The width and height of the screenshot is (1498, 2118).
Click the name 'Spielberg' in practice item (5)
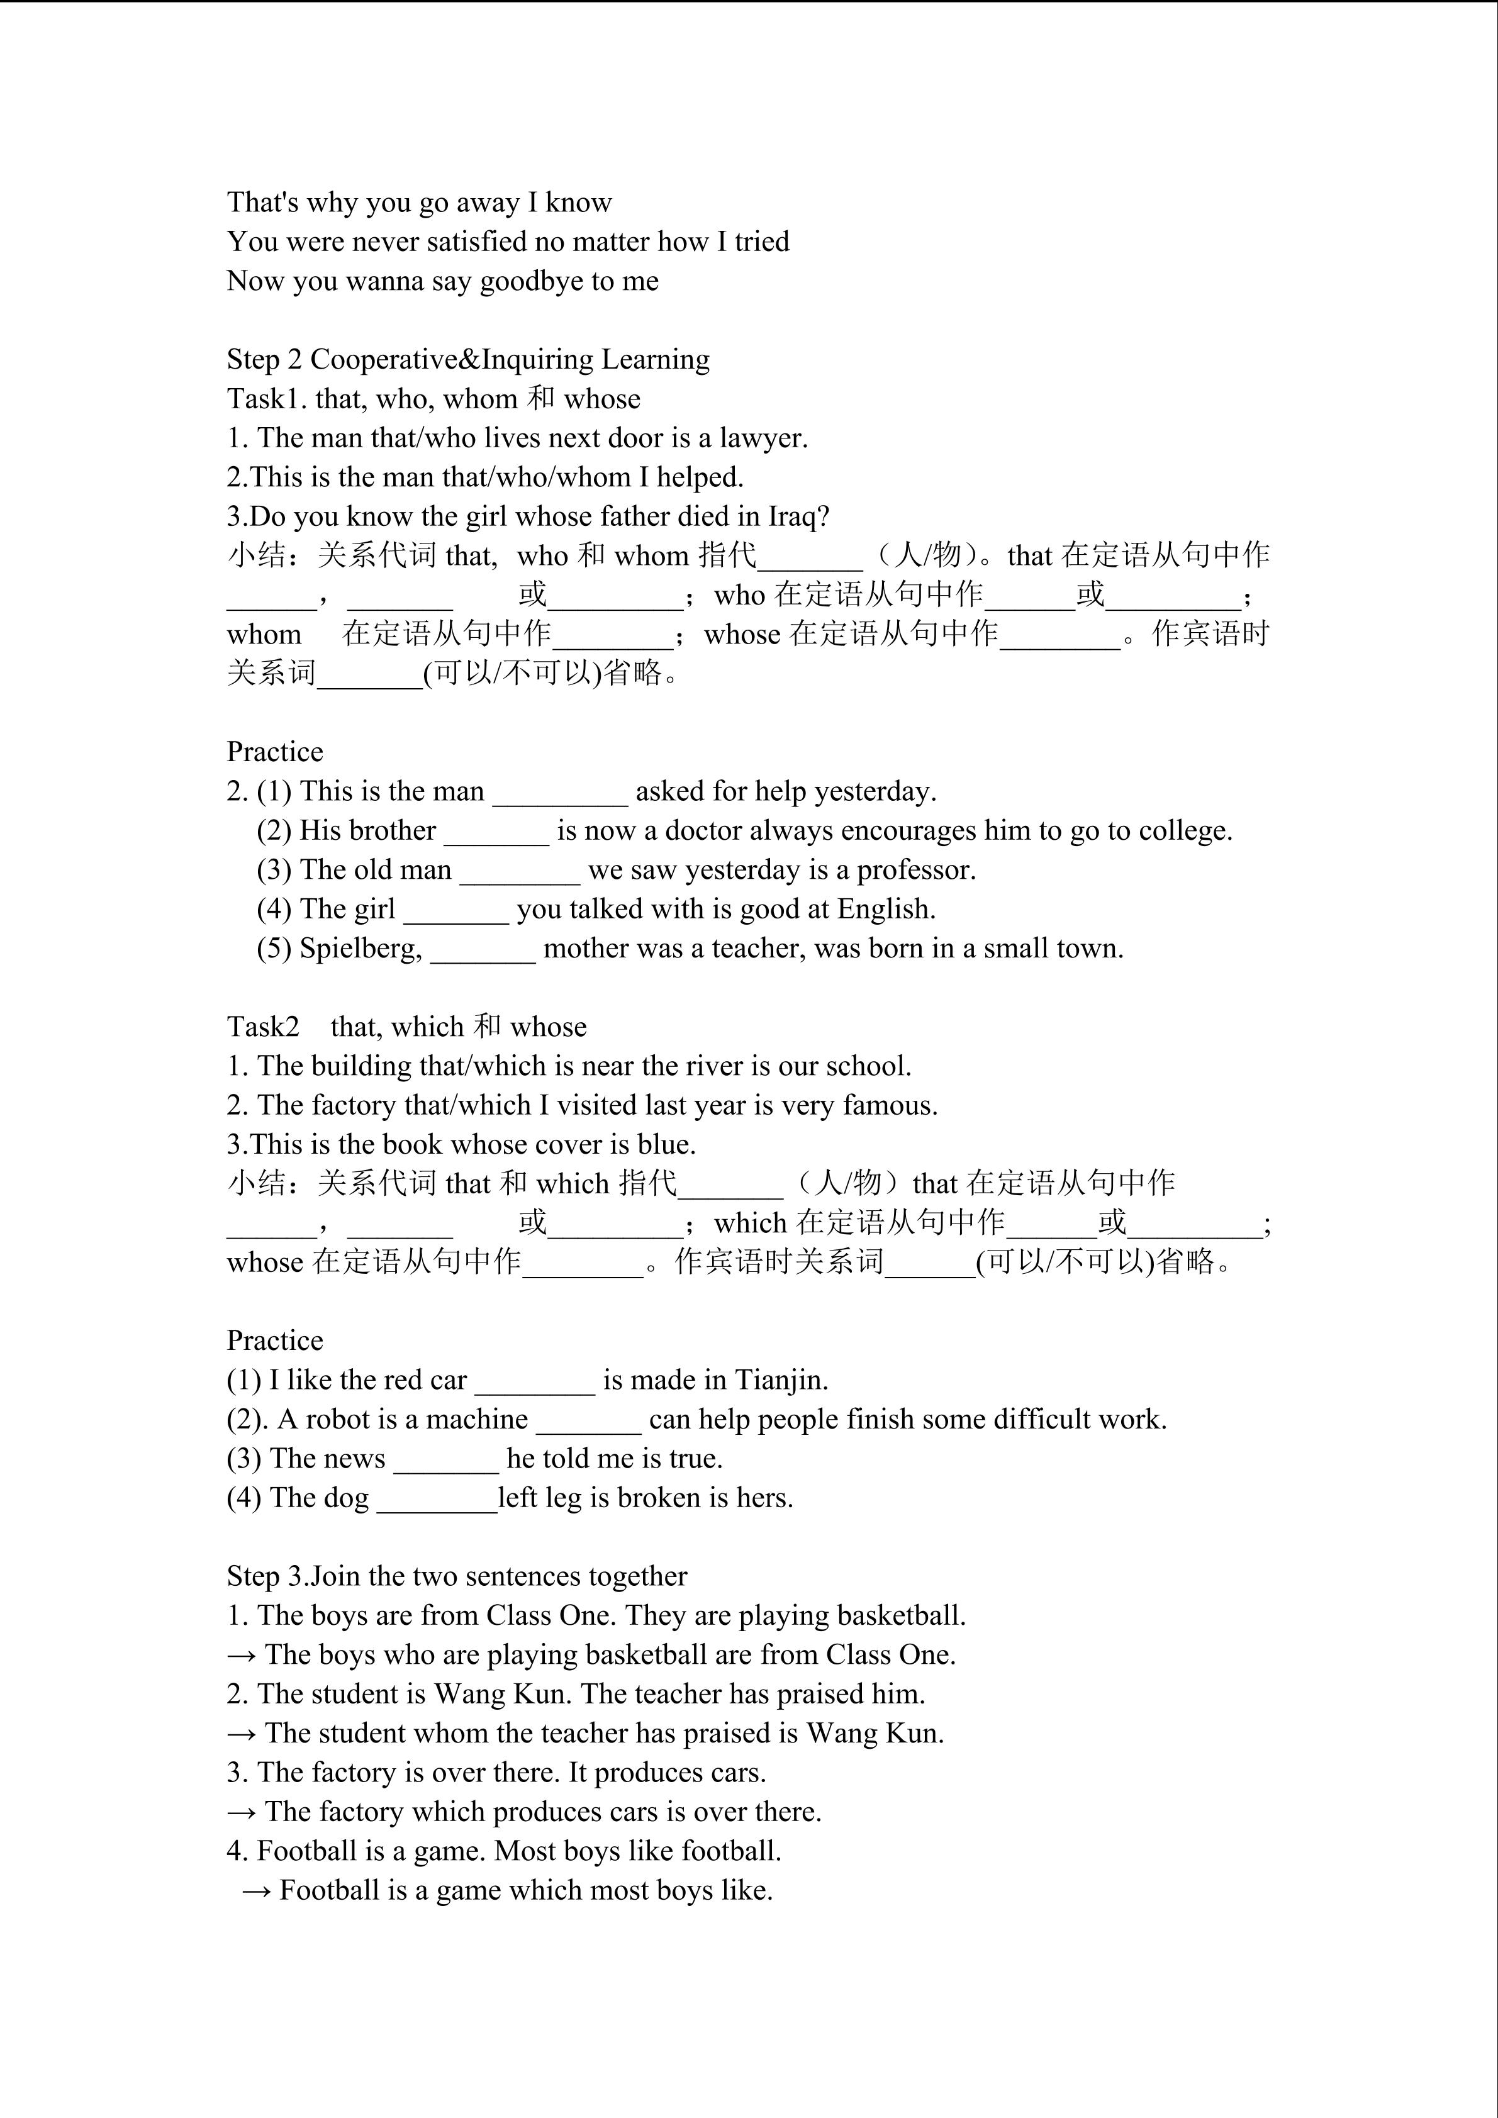[x=361, y=949]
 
